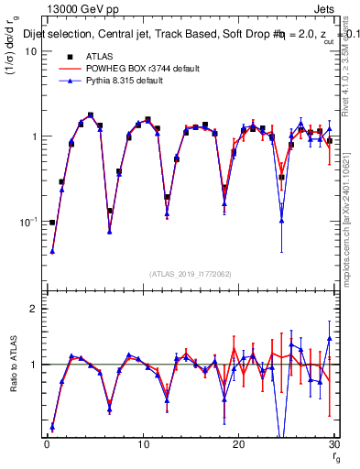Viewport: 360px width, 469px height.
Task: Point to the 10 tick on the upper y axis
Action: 30,51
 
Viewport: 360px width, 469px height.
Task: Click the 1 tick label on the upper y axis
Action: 33,136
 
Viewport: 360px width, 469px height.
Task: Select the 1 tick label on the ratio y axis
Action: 33,365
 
